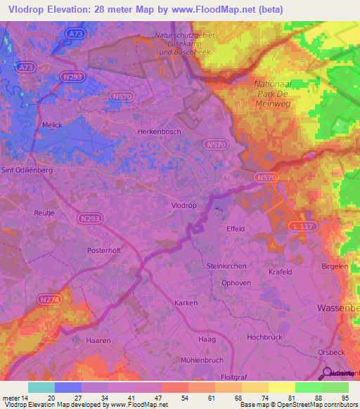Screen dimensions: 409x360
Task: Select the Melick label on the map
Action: tap(52, 124)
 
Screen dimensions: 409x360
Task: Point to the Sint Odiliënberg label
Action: tap(27, 169)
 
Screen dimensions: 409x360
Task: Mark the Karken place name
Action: tap(186, 302)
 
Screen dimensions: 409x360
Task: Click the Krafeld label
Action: tap(280, 271)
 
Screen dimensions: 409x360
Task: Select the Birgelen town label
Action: tap(335, 267)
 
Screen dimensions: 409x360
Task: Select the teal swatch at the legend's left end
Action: tap(41, 387)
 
